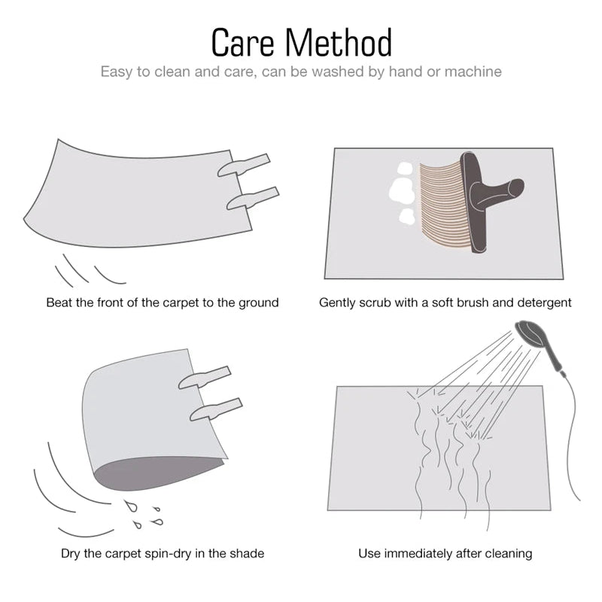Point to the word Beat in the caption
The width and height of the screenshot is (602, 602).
(x=59, y=303)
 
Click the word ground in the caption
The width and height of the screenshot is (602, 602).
(x=257, y=303)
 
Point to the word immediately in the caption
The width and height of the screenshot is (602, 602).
(x=419, y=554)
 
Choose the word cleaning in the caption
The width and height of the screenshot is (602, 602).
(x=508, y=554)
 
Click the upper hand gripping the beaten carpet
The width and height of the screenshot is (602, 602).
(x=244, y=165)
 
